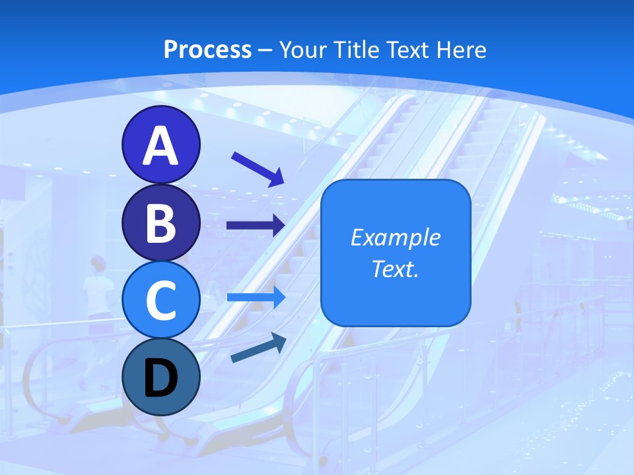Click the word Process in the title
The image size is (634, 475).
(207, 49)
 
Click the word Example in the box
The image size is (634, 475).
(396, 237)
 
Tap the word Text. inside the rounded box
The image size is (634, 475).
(396, 269)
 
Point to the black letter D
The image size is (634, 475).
(160, 378)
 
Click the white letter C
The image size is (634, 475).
(160, 301)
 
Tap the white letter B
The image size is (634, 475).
(160, 223)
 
